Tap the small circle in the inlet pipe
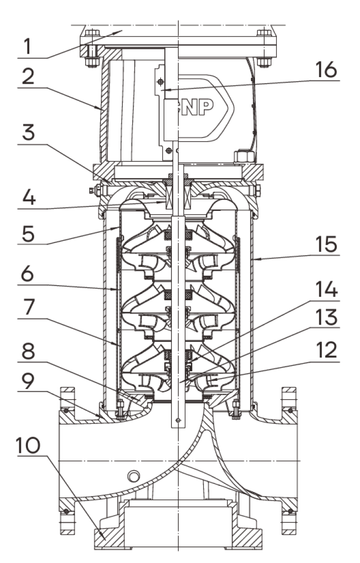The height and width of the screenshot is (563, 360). point(133,476)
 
